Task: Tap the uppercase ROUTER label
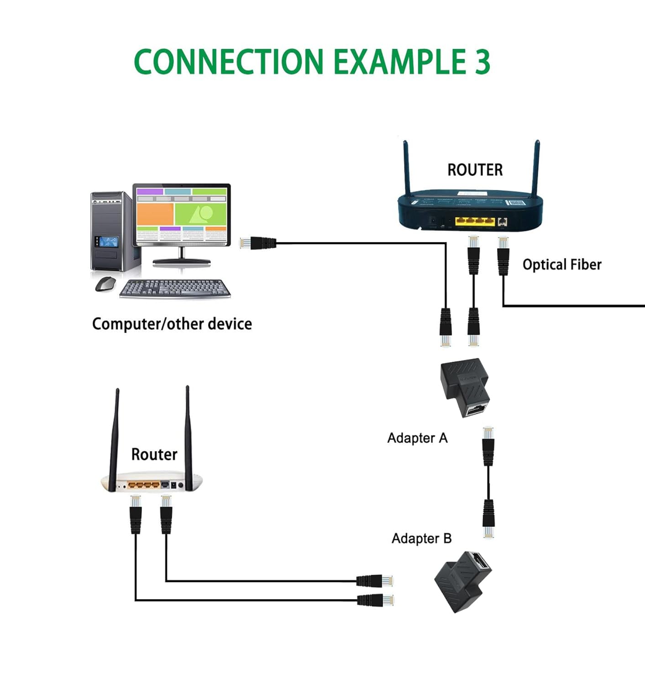tap(475, 170)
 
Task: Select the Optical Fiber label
tap(562, 264)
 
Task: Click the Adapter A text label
tap(417, 438)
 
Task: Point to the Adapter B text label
tap(421, 538)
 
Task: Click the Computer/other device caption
tap(172, 324)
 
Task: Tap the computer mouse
tap(105, 284)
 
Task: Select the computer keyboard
tap(175, 289)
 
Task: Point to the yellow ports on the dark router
tap(475, 221)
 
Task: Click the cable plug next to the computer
tap(258, 243)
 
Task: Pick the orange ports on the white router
tap(144, 485)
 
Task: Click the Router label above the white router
tap(154, 454)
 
